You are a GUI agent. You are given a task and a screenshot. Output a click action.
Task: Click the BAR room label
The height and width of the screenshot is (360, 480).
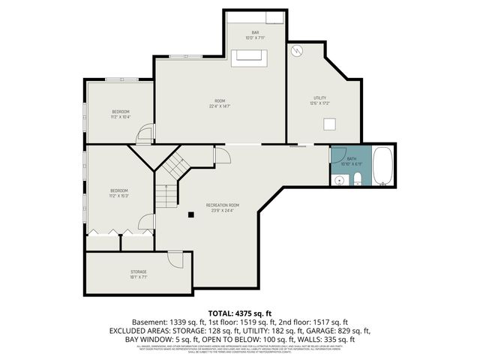(255, 33)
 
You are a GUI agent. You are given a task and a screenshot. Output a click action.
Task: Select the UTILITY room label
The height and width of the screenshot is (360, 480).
(320, 98)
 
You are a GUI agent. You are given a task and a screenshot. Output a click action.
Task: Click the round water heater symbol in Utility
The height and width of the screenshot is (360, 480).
(295, 50)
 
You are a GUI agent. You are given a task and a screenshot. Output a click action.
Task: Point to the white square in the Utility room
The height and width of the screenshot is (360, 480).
(328, 124)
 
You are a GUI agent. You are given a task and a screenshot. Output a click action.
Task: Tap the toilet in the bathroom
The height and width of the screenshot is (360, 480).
(358, 178)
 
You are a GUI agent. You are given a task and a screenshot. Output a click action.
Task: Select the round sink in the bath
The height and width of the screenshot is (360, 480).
(339, 179)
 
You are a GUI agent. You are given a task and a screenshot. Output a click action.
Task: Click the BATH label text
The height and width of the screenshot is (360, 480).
(351, 160)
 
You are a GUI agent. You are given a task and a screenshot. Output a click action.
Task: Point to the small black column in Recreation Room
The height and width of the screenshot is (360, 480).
(191, 214)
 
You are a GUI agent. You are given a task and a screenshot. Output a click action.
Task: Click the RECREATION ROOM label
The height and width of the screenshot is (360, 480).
(223, 205)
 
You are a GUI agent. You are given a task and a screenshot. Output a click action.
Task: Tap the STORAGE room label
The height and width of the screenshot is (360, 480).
(139, 271)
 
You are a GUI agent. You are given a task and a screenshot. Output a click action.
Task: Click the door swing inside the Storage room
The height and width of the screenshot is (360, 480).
(175, 258)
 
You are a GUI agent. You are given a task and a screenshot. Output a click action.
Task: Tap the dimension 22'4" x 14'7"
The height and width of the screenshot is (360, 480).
(220, 106)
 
